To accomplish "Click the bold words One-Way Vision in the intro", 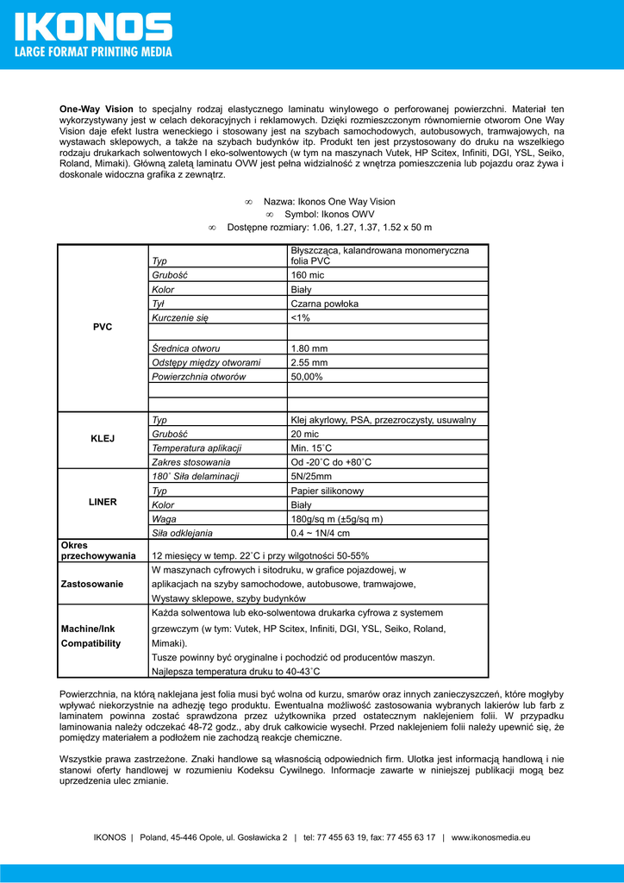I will (96, 110).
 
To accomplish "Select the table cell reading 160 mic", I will (309, 274).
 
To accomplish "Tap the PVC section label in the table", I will (103, 327).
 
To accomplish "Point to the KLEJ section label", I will (103, 438).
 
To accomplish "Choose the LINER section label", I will (103, 501).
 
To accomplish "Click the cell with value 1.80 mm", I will (309, 348).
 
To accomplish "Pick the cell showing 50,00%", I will (307, 377).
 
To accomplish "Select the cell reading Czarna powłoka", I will (325, 304).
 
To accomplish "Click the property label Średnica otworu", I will (185, 348).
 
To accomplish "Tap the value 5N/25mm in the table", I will (311, 476).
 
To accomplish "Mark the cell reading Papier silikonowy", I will (328, 491).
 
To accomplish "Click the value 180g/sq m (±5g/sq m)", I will (337, 519).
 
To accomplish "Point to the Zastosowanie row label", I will (91, 584).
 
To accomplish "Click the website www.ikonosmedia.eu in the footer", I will (490, 836).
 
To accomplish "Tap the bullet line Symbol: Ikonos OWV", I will (329, 214).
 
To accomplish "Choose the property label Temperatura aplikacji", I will (197, 448).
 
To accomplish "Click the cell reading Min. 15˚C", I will (311, 448).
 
